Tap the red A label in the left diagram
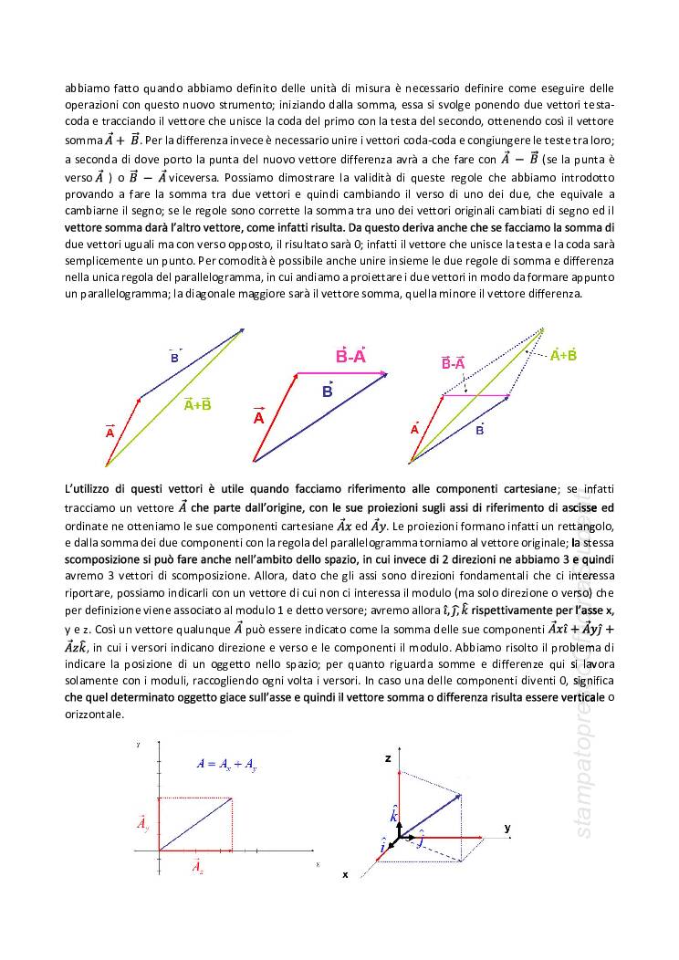click(110, 433)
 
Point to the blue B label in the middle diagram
click(327, 391)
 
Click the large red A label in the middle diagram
click(258, 417)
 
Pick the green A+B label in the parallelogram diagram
click(563, 355)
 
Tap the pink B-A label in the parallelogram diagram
click(454, 363)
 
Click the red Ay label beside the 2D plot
click(143, 825)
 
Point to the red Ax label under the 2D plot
click(198, 867)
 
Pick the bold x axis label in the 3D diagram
click(345, 873)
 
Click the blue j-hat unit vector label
click(421, 841)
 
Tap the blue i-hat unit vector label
click(382, 849)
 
